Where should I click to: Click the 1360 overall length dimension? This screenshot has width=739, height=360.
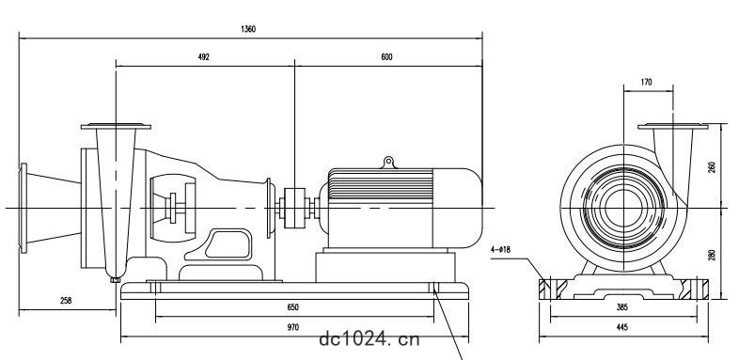[248, 29]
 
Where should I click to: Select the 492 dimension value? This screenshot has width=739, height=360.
[204, 57]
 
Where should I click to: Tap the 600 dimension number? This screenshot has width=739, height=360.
[386, 57]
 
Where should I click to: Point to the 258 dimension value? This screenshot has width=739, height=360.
[66, 300]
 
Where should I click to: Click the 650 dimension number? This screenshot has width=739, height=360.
[292, 307]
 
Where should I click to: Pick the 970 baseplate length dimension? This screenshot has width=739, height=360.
[292, 327]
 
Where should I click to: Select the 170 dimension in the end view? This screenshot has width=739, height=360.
[647, 82]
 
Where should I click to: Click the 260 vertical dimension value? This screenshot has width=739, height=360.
[712, 167]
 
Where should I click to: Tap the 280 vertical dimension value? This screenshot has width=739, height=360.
[712, 255]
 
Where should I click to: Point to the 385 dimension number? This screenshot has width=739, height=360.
[622, 307]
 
